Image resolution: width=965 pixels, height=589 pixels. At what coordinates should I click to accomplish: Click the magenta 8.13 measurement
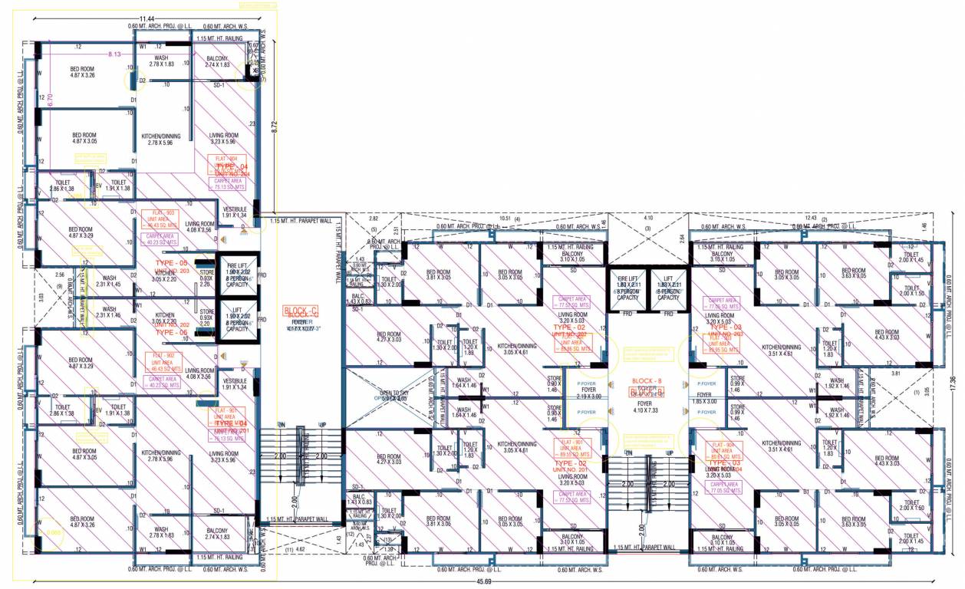tap(115, 54)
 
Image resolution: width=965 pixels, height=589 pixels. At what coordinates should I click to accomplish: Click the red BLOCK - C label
tap(300, 311)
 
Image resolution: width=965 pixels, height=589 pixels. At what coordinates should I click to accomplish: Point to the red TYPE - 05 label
tap(172, 263)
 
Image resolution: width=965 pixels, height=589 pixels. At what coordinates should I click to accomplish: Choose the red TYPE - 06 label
tap(172, 332)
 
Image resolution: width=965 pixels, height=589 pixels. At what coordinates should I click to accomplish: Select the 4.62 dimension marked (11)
tap(301, 550)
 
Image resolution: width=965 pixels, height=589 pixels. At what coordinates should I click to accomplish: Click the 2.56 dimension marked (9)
tap(58, 274)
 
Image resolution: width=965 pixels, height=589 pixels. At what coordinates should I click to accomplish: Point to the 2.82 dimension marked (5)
tap(374, 219)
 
